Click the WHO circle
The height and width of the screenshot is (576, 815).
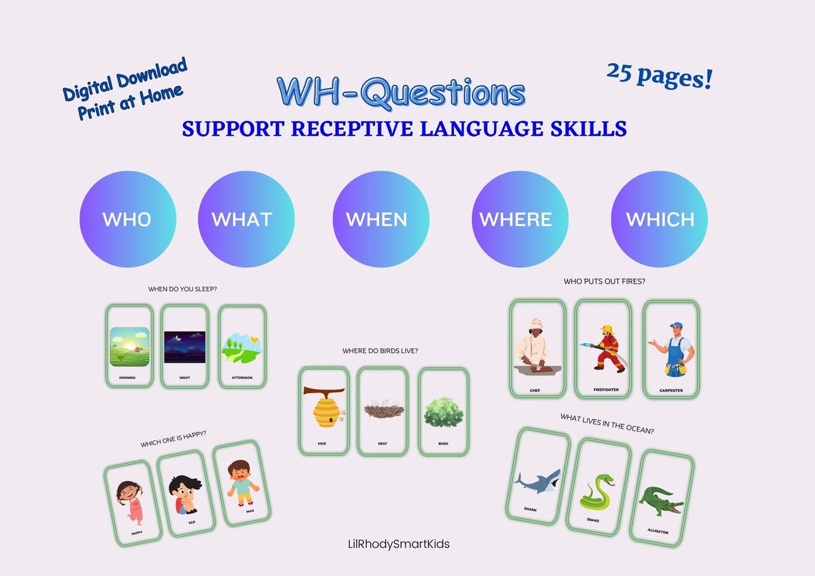pyautogui.click(x=127, y=219)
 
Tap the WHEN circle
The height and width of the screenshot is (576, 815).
pyautogui.click(x=380, y=219)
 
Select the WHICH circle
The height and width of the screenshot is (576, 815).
pyautogui.click(x=659, y=219)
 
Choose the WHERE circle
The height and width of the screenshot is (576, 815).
pyautogui.click(x=520, y=219)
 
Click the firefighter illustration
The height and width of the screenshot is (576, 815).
pyautogui.click(x=603, y=348)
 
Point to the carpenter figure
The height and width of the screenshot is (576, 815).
pyautogui.click(x=671, y=348)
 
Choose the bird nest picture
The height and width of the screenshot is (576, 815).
pyautogui.click(x=383, y=410)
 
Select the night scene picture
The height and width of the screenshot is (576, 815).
pyautogui.click(x=184, y=347)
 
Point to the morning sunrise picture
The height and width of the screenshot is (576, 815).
pyautogui.click(x=129, y=347)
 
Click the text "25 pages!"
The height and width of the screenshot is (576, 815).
pyautogui.click(x=659, y=75)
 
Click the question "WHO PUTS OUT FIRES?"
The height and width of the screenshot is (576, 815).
pyautogui.click(x=604, y=282)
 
